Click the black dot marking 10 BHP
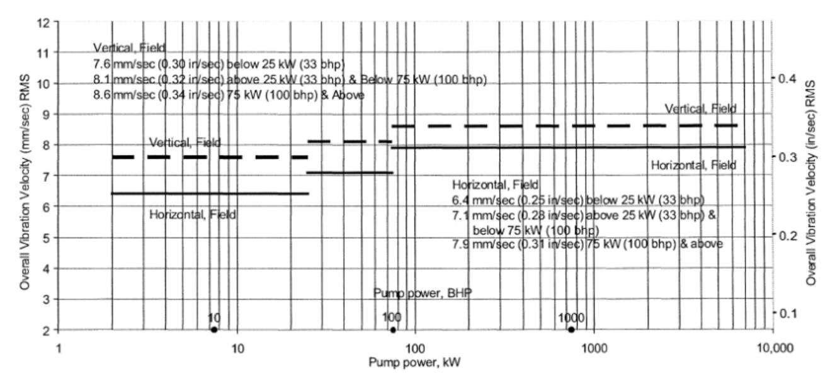[x=214, y=330]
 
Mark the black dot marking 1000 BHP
[x=571, y=330]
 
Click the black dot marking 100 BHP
[x=393, y=330]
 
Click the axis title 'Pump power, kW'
[x=414, y=363]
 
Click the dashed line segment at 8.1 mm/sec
[x=350, y=142]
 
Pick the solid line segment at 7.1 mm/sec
[x=350, y=173]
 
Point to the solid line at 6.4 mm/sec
[x=210, y=193]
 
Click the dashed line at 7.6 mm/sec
[x=210, y=157]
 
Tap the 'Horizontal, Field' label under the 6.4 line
[x=193, y=215]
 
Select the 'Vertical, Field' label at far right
[x=700, y=109]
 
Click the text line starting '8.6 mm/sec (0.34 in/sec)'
[x=229, y=95]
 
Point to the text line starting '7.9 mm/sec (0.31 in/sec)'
[x=587, y=244]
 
